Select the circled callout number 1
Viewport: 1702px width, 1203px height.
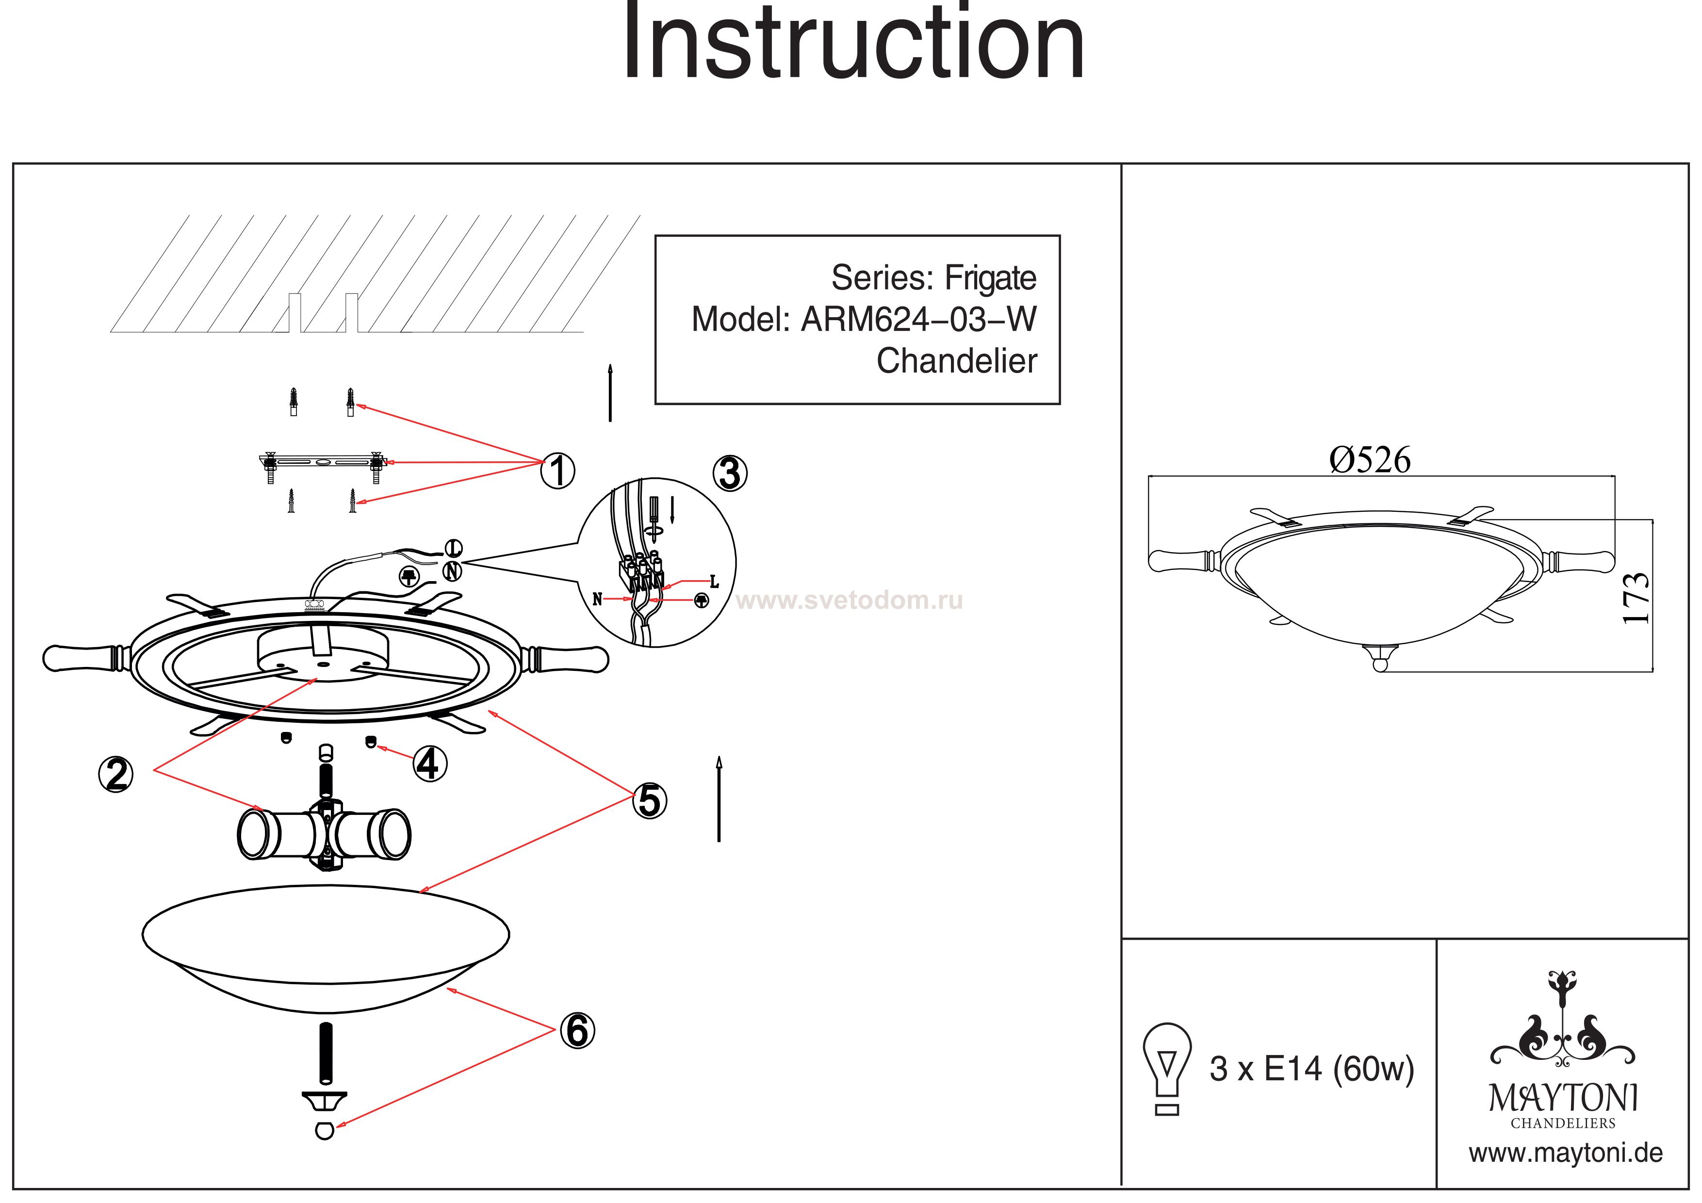pyautogui.click(x=558, y=471)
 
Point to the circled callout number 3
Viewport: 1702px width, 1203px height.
pyautogui.click(x=730, y=473)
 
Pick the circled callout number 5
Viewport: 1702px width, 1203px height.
pyautogui.click(x=649, y=801)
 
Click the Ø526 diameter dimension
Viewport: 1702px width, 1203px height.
pyautogui.click(x=1370, y=460)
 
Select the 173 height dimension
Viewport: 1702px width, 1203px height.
pyautogui.click(x=1635, y=599)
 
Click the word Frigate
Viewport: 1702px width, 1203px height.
pyautogui.click(x=990, y=279)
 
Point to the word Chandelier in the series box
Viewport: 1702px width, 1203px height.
pyautogui.click(x=956, y=362)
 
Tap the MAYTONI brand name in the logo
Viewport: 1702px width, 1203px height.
pyautogui.click(x=1563, y=1099)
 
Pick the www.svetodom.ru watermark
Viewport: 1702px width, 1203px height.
pyautogui.click(x=850, y=601)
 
